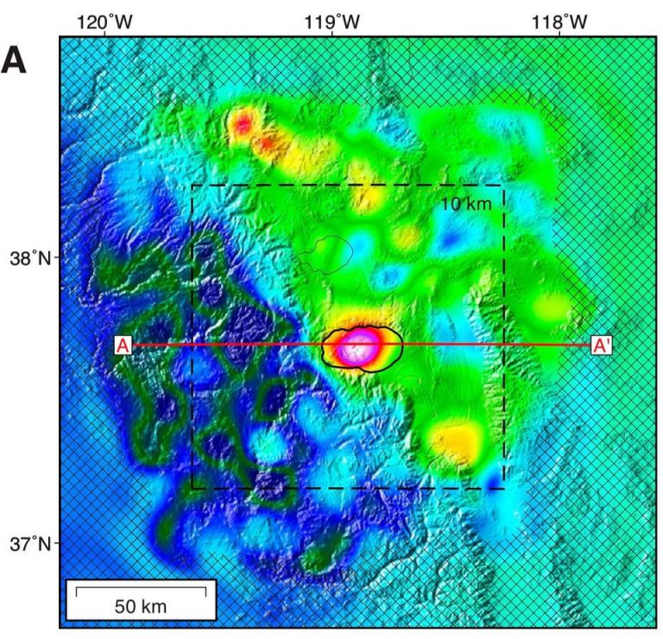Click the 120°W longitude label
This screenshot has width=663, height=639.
point(106,18)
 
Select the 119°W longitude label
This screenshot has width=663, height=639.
point(332,18)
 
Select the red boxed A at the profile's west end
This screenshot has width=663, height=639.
point(123,345)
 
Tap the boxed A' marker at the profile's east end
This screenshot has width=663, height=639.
point(602,345)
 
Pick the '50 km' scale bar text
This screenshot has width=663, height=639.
point(141,606)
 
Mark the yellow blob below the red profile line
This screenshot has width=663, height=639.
point(454,442)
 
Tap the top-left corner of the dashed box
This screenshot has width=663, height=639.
point(192,185)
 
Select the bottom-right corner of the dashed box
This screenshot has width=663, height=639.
point(503,489)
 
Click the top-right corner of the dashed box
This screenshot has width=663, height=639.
point(503,185)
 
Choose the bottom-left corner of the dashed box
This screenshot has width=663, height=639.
point(192,489)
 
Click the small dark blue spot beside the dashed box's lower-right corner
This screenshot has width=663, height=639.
point(493,478)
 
